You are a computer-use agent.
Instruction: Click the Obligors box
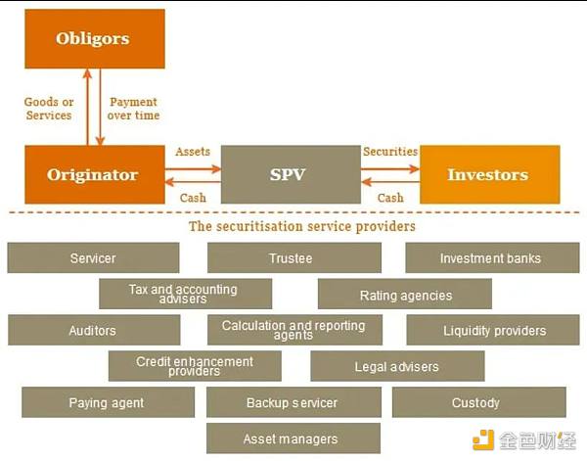[x=92, y=39]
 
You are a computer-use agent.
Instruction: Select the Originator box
[x=92, y=175]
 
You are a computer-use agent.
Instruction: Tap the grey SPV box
[x=288, y=175]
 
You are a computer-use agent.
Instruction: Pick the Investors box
[x=488, y=175]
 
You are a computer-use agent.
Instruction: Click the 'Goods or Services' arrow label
[x=49, y=109]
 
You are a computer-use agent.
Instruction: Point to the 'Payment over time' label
[x=134, y=109]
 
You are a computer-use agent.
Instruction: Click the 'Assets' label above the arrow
[x=193, y=153]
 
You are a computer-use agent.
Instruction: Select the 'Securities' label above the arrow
[x=390, y=153]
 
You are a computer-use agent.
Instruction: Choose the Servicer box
[x=93, y=258]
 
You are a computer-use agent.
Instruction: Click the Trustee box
[x=291, y=258]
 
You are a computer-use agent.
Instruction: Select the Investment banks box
[x=490, y=258]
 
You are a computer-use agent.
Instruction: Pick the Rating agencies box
[x=405, y=295]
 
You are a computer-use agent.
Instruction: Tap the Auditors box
[x=93, y=331]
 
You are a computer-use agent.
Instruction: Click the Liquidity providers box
[x=494, y=331]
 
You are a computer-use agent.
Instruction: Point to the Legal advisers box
[x=396, y=367]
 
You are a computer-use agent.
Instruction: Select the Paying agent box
[x=107, y=402]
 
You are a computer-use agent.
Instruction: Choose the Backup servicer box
[x=292, y=402]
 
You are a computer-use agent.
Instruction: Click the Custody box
[x=476, y=402]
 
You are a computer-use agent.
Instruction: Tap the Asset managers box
[x=292, y=438]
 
